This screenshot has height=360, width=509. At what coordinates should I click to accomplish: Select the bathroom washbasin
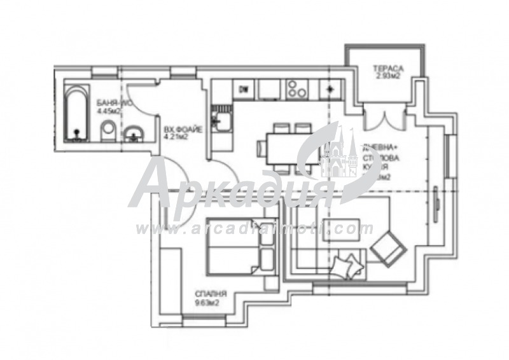click(x=133, y=134)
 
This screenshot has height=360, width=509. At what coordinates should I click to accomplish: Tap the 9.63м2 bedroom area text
click(x=209, y=303)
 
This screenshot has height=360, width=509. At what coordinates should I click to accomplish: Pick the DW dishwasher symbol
click(x=244, y=90)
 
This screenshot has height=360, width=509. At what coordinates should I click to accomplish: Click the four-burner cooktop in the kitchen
click(x=296, y=89)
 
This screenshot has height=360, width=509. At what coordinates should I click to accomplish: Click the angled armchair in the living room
click(x=389, y=247)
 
